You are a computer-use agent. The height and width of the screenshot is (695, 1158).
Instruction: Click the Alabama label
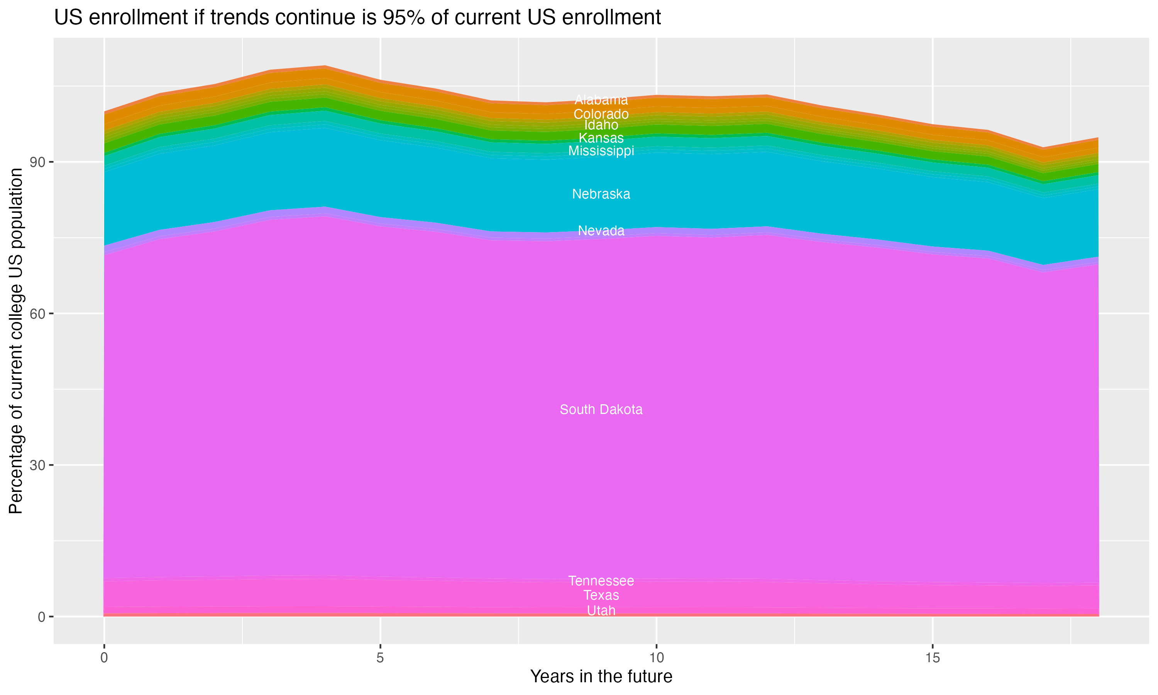pyautogui.click(x=601, y=100)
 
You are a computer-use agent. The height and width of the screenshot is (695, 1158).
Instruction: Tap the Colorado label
pyautogui.click(x=601, y=114)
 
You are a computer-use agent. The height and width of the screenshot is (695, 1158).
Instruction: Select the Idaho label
pyautogui.click(x=601, y=125)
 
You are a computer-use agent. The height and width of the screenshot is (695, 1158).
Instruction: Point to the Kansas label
pyautogui.click(x=601, y=138)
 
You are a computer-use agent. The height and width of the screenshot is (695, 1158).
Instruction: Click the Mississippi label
pyautogui.click(x=601, y=151)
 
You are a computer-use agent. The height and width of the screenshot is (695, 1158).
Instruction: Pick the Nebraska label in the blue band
pyautogui.click(x=601, y=194)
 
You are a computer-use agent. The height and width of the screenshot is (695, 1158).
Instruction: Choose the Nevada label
pyautogui.click(x=601, y=231)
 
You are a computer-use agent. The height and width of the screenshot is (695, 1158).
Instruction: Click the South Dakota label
pyautogui.click(x=601, y=409)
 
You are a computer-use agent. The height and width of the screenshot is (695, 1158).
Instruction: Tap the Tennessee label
pyautogui.click(x=601, y=581)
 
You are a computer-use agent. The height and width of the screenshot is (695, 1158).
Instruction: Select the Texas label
pyautogui.click(x=601, y=595)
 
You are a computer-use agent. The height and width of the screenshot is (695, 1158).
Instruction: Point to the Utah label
pyautogui.click(x=601, y=611)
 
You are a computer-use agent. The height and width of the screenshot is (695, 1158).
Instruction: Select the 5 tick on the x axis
pyautogui.click(x=380, y=658)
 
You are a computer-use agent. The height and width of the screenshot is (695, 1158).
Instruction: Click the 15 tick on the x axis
pyautogui.click(x=933, y=658)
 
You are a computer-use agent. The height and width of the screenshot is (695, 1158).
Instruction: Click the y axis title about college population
pyautogui.click(x=16, y=341)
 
